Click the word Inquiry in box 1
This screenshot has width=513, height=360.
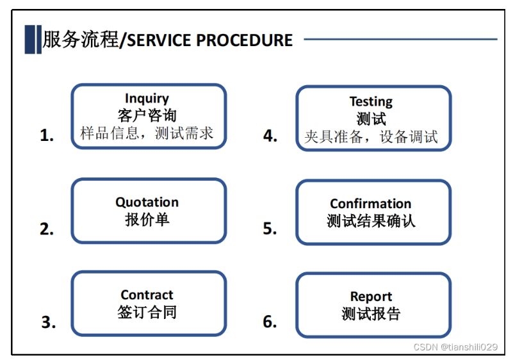point(147,98)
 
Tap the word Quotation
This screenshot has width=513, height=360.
point(147,202)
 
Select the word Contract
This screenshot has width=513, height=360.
point(147,295)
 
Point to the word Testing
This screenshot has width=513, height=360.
point(371,102)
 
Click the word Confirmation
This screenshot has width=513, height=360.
point(371,204)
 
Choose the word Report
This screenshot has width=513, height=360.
point(371,297)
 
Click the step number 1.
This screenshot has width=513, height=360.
point(47,135)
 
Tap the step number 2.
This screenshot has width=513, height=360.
point(47,229)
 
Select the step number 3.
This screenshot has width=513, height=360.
point(49,322)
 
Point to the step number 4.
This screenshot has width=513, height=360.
point(270,136)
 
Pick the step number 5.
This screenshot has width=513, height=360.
point(270,229)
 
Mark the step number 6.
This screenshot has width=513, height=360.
point(270,322)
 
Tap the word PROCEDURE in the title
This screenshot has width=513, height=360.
point(245,40)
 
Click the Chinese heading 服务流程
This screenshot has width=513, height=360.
point(81,40)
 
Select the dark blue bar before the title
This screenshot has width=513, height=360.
point(33,39)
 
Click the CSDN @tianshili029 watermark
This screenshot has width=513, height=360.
point(455,347)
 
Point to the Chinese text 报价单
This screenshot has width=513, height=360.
point(147,219)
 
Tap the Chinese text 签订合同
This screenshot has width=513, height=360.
point(147,312)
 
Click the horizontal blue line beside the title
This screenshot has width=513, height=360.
point(400,39)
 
